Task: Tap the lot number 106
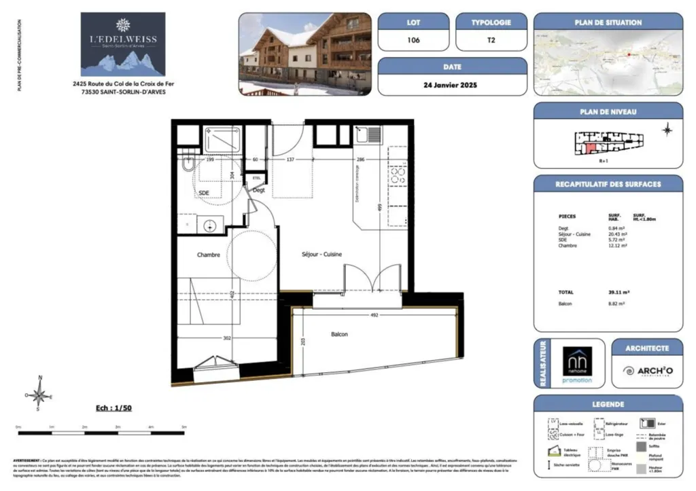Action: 413,40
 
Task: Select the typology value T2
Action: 491,40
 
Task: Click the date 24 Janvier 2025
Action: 451,86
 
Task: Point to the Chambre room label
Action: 208,255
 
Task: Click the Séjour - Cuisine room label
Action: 321,255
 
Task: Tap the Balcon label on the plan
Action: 340,335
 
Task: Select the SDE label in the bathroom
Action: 203,193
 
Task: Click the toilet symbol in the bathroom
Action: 188,163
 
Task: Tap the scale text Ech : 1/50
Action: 114,409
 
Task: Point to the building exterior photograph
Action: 305,54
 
